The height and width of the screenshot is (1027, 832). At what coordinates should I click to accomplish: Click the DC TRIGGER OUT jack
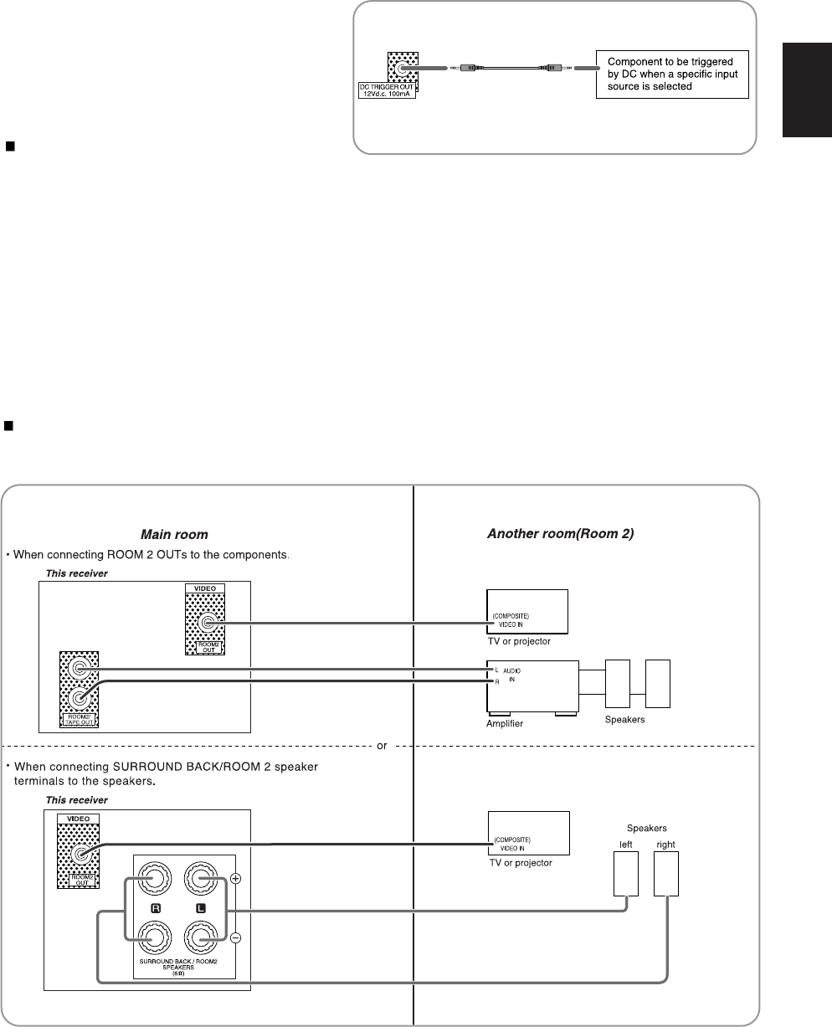click(403, 71)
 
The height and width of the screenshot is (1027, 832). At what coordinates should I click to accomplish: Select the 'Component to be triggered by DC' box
click(671, 74)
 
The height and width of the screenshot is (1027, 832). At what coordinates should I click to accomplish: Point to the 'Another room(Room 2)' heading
click(560, 533)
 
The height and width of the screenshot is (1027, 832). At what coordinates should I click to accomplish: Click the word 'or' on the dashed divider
click(382, 746)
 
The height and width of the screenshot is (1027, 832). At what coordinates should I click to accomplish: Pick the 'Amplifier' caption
click(505, 723)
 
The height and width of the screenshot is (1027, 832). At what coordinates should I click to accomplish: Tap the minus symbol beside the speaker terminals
click(235, 938)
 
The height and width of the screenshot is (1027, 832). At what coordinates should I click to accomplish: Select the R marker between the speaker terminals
click(156, 907)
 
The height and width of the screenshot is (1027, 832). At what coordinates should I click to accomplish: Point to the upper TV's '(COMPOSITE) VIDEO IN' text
click(511, 620)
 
